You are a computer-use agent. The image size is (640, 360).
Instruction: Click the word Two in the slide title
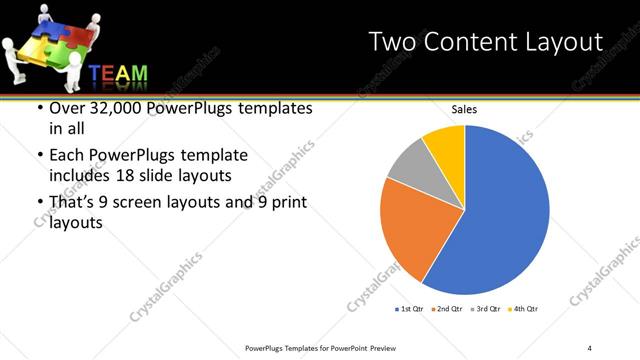(392, 42)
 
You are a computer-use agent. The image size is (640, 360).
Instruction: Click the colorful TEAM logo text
(118, 75)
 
